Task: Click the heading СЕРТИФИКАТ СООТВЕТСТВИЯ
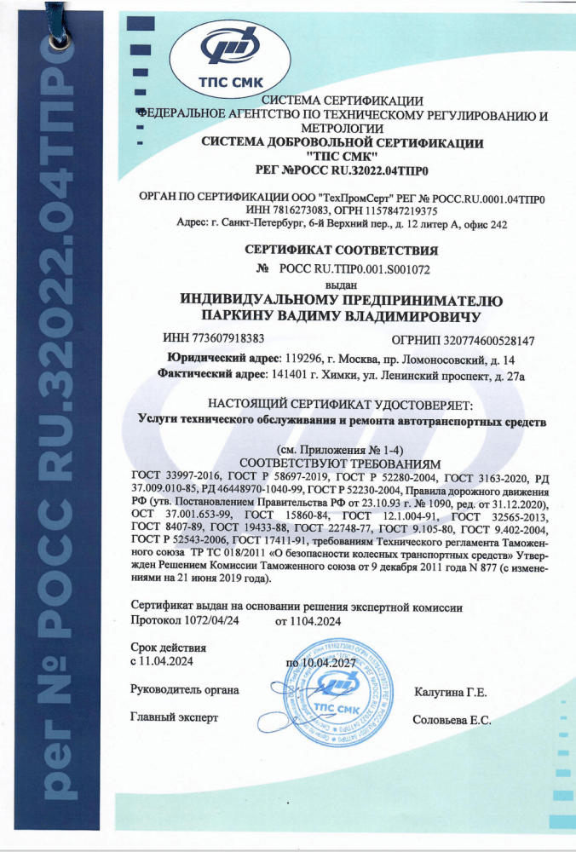coord(341,251)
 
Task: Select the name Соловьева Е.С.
coord(451,721)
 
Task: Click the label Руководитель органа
coord(185,688)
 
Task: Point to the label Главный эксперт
coord(174,718)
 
